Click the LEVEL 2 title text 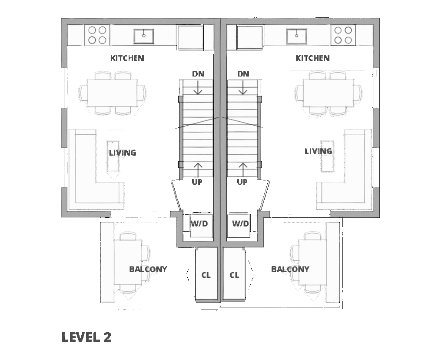point(86,337)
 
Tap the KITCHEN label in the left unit point(127,58)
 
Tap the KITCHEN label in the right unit point(312,58)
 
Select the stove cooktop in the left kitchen point(97,35)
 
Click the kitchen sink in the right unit point(296,36)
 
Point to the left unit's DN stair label point(198,74)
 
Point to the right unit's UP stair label point(242,182)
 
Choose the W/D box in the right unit point(240,224)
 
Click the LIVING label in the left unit point(123,153)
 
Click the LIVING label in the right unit point(318,151)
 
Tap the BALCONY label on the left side point(148,269)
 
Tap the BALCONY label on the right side point(290,269)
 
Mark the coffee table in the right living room point(327,157)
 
